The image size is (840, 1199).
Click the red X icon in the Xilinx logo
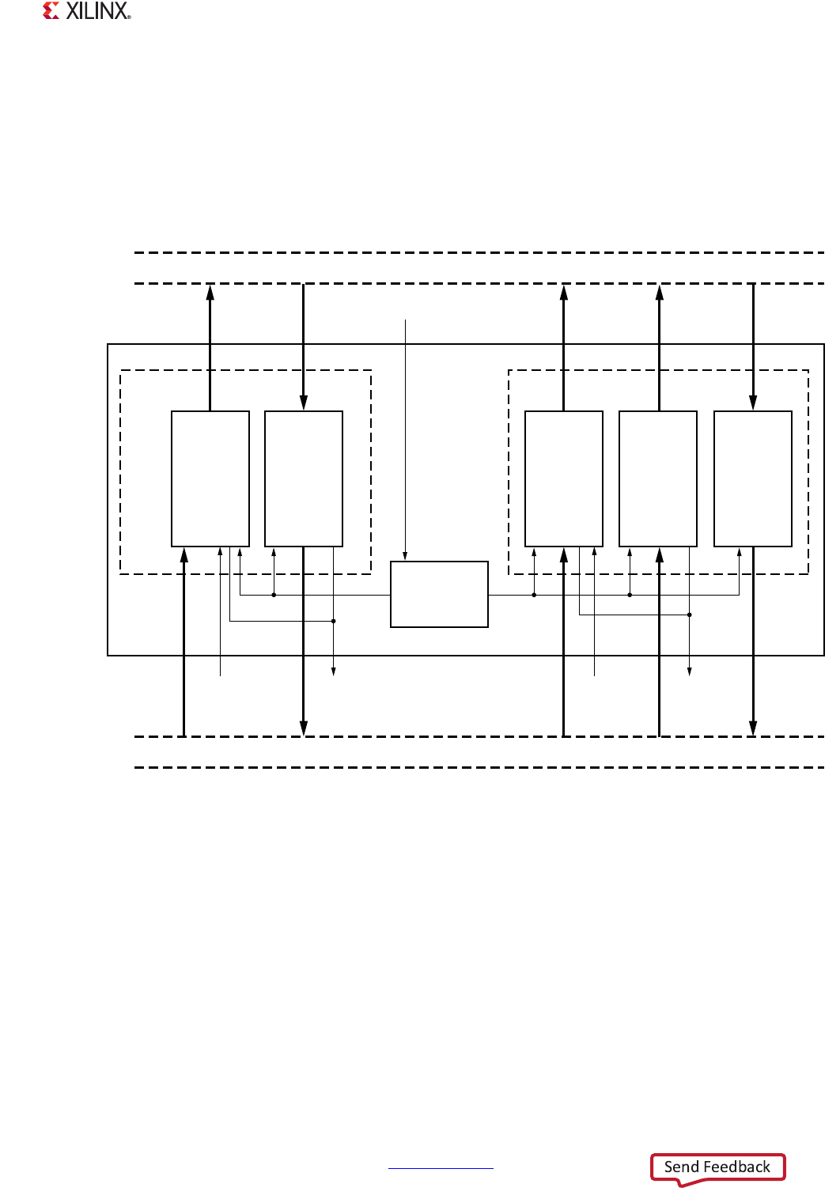coord(51,11)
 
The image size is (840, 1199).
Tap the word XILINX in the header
coord(97,11)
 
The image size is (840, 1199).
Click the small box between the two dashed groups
coord(439,594)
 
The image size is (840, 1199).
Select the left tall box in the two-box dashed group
coord(210,478)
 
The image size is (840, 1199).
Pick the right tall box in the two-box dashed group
coord(304,478)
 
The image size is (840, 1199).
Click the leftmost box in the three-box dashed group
coord(564,478)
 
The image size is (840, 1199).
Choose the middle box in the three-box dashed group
coord(658,478)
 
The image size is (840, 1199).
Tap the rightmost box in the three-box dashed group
coord(753,478)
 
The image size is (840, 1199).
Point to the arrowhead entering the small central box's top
coord(406,556)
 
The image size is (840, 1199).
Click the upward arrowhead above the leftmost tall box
coord(210,293)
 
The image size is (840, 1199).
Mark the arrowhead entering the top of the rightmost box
coord(753,403)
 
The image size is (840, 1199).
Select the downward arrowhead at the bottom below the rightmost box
coord(753,728)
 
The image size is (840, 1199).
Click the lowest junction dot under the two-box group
coord(334,621)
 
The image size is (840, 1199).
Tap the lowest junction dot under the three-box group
coord(690,615)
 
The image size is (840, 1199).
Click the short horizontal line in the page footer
coord(441,1167)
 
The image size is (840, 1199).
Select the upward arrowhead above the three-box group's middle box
coord(659,293)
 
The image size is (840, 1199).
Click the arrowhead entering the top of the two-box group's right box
coord(304,403)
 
